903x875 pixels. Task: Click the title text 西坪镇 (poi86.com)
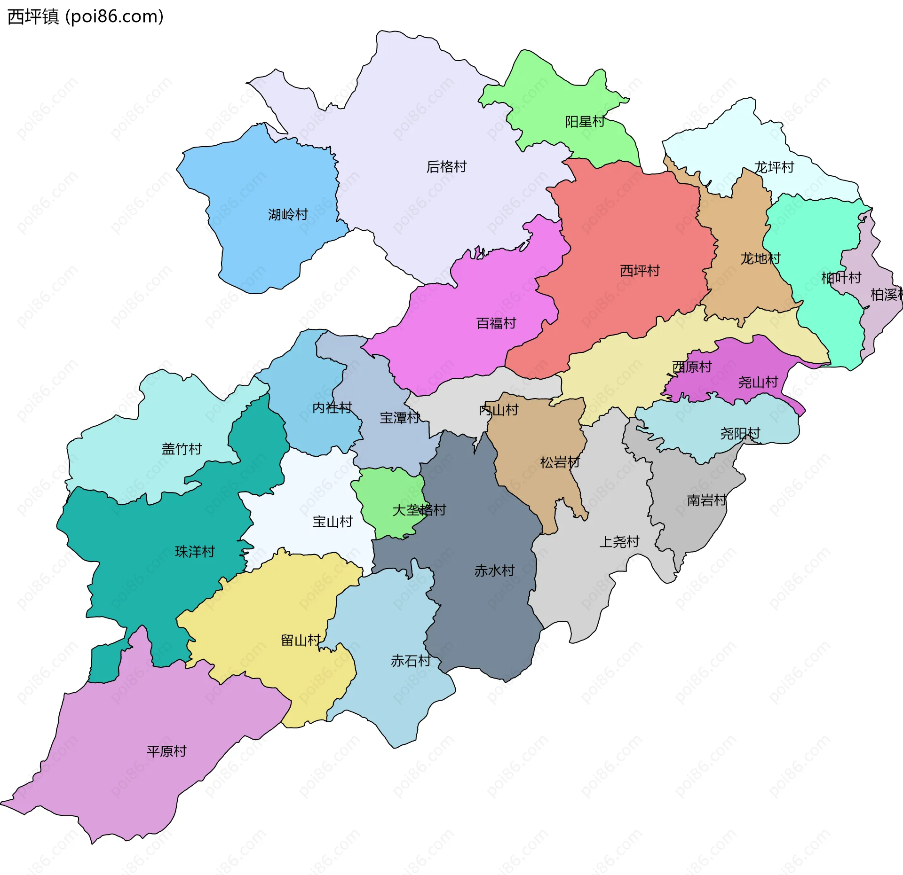[86, 16]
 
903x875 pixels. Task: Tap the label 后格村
[446, 167]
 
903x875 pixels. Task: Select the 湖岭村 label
[288, 215]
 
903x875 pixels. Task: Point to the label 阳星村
[585, 122]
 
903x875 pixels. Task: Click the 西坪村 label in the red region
[640, 271]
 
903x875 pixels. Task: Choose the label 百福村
[496, 323]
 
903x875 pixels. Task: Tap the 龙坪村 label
[774, 167]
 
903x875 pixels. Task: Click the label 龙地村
[760, 258]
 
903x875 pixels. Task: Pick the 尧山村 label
[758, 382]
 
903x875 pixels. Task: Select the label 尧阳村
[740, 433]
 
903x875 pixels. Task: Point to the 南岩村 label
[706, 500]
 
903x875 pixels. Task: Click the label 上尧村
[619, 542]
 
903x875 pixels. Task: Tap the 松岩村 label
[560, 462]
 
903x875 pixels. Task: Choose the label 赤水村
[494, 570]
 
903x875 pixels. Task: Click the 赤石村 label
[411, 661]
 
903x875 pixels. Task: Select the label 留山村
[301, 640]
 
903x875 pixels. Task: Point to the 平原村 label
[166, 751]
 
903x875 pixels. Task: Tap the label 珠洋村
[195, 551]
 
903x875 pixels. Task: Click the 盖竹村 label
[182, 449]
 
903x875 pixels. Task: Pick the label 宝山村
[333, 522]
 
